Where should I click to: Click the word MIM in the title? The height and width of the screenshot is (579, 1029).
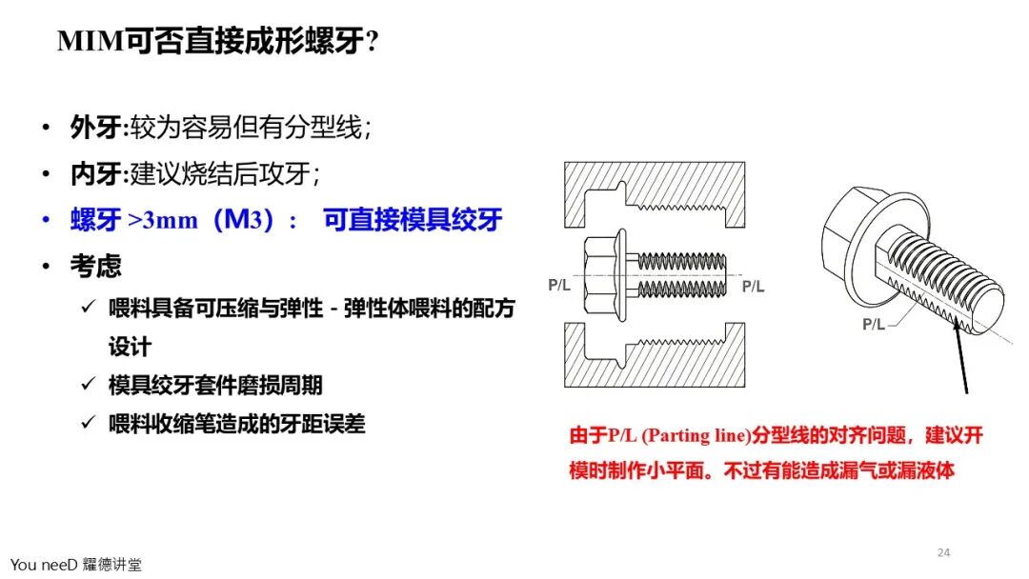tap(91, 41)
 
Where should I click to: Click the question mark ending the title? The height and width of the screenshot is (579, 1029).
tap(373, 42)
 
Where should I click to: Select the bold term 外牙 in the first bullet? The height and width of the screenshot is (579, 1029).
tap(96, 128)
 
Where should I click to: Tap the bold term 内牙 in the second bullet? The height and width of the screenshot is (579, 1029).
tap(96, 173)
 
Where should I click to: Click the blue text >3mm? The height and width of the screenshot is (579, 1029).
tap(163, 220)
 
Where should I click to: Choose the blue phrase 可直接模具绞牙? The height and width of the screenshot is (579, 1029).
tap(413, 220)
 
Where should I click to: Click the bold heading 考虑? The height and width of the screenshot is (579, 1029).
tap(96, 266)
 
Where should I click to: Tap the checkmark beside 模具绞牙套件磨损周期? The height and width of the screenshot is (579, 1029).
tap(89, 384)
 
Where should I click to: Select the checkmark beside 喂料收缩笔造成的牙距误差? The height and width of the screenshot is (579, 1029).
tap(89, 422)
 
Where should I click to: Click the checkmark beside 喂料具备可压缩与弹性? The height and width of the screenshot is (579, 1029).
tap(89, 307)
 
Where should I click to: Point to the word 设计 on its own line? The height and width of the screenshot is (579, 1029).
tap(130, 347)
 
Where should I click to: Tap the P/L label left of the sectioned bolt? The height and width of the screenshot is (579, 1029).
tap(559, 286)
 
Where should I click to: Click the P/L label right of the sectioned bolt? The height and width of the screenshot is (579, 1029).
tap(753, 287)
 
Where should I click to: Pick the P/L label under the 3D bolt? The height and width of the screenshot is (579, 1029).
tap(874, 325)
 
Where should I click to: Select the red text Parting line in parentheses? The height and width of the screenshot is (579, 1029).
tap(695, 435)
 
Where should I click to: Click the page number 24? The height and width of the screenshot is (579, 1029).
tap(943, 552)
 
